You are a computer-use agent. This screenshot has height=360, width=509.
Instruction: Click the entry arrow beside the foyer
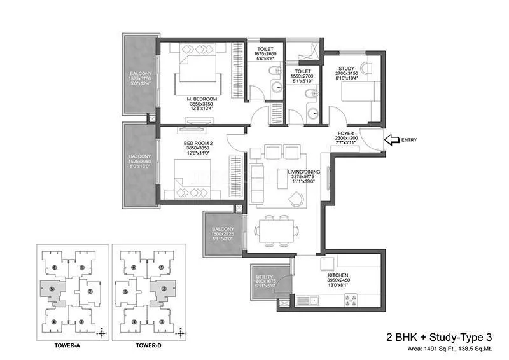pos(391,140)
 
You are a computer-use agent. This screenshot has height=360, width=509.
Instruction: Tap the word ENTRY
pos(410,140)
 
